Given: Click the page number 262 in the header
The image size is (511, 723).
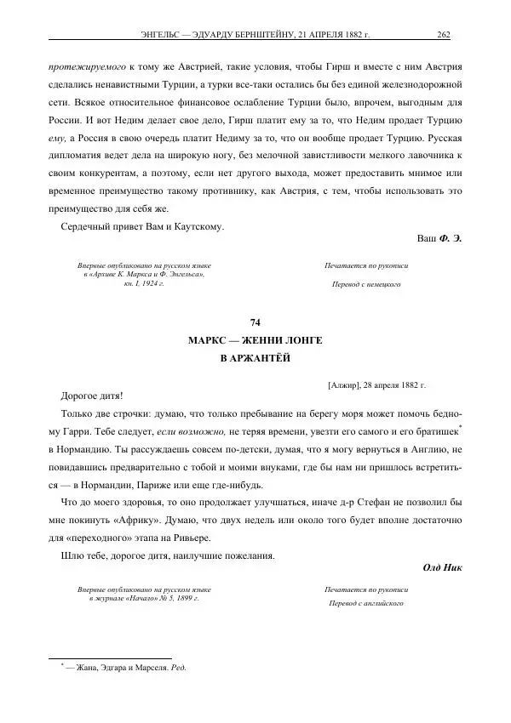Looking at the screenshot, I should pos(443,35).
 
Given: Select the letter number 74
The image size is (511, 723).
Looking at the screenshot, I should pos(255,322).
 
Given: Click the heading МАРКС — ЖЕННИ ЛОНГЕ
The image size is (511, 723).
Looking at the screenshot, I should pos(255,340).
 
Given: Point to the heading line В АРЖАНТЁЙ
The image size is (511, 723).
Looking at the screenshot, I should pos(255,358).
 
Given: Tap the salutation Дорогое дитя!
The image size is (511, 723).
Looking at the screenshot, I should pos(92,396).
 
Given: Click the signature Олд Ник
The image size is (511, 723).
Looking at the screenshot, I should pos(441,567).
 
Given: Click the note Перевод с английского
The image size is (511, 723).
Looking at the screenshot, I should pos(366,603).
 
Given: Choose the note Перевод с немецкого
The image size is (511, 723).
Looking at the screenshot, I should pos(366,283).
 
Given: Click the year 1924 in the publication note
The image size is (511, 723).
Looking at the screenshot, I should pos(152,282).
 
